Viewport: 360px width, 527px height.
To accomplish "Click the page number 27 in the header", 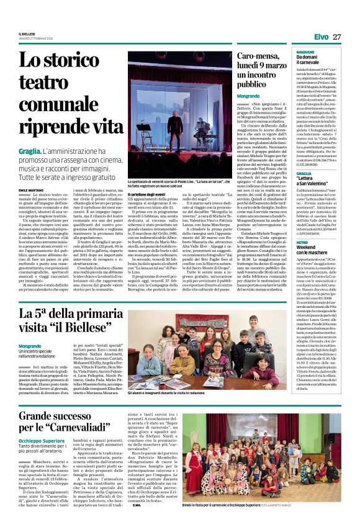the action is pyautogui.click(x=337, y=37).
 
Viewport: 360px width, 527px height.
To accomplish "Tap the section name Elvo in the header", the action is pyautogui.click(x=320, y=37).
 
